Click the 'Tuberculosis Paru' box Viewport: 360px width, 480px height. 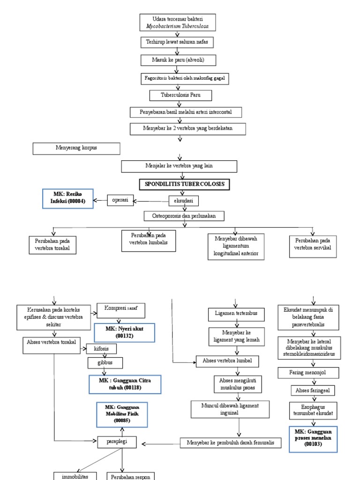coord(180,95)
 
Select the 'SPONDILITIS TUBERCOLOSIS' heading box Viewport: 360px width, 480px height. coord(184,185)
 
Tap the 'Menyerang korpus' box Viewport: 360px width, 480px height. coord(76,149)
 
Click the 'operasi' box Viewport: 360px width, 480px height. coord(120,201)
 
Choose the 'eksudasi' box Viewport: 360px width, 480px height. coord(184,201)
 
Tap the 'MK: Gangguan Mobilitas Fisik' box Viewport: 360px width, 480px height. coord(122,414)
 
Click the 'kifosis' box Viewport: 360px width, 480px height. coord(101,349)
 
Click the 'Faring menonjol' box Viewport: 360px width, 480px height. coord(309,373)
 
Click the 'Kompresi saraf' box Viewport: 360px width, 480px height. coord(120,310)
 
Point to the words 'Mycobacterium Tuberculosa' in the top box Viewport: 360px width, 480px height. coord(178,27)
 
